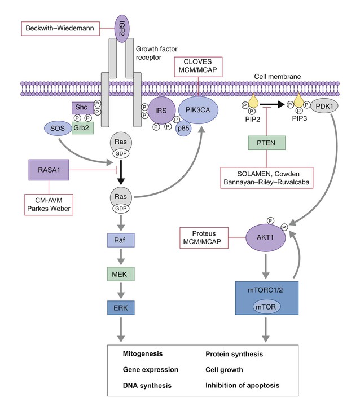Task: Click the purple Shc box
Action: [x=81, y=108]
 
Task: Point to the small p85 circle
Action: [x=183, y=129]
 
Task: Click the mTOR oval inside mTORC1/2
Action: [x=266, y=308]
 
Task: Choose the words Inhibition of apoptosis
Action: [x=242, y=386]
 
